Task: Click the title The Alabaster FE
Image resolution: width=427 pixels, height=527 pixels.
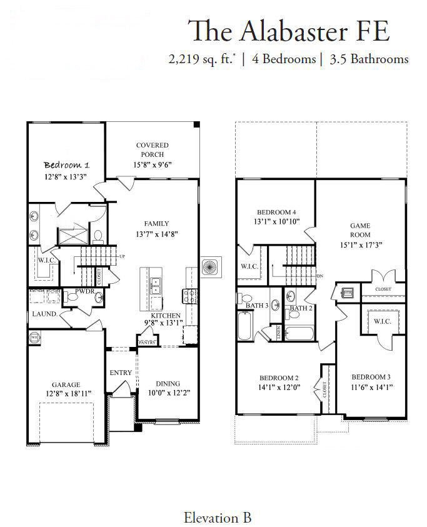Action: pos(289,31)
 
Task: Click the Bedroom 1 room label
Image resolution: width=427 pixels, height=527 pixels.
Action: pos(66,165)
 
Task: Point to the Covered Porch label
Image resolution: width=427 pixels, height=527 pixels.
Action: pos(153,150)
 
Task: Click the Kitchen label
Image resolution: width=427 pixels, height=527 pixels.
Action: pos(164,316)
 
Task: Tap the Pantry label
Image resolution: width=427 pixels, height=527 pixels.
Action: pos(148,343)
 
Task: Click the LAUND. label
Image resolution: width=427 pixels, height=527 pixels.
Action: pos(44,314)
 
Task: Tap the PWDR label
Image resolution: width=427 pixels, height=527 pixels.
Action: pos(84,291)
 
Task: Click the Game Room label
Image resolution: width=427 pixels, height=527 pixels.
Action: pos(359,229)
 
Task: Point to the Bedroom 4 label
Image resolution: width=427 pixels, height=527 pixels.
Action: pos(276,211)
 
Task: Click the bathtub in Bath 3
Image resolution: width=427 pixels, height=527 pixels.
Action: pos(244,326)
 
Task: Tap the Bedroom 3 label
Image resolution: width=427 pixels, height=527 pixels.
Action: pos(371,377)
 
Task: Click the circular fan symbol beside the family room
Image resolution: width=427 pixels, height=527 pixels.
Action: pos(209,268)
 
